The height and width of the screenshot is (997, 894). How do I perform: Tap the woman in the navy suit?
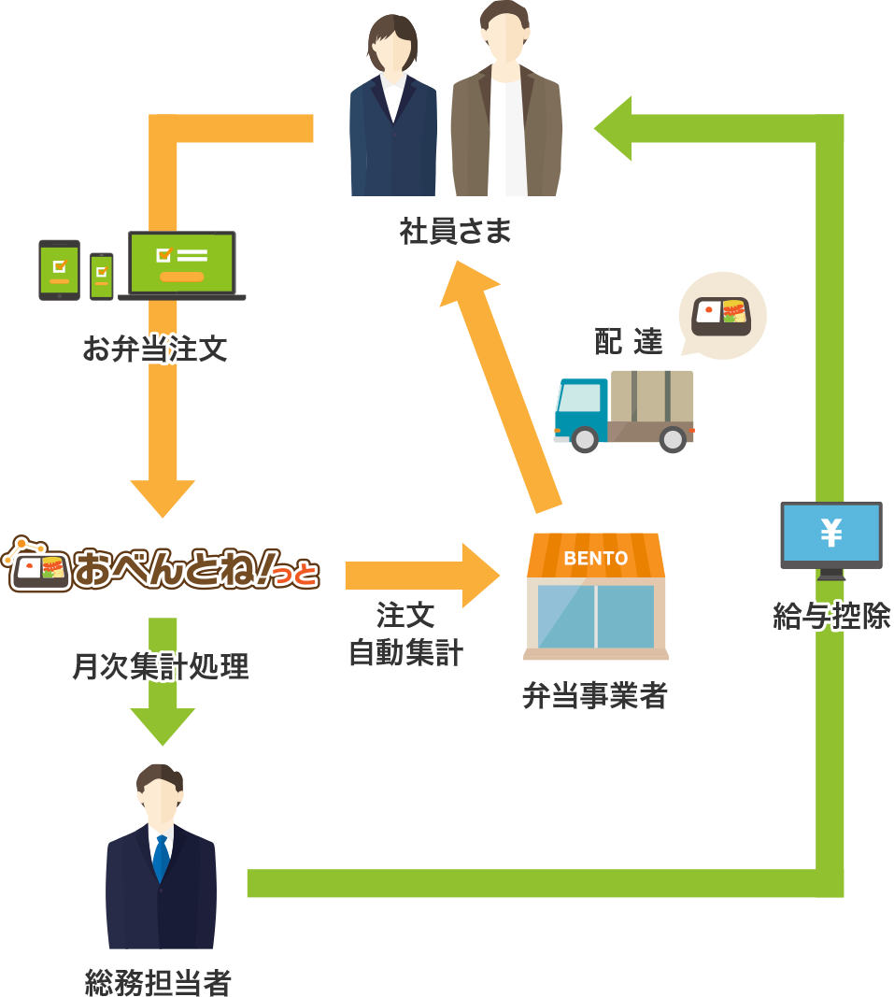[392, 112]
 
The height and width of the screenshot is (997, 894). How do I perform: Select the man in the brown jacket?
[506, 107]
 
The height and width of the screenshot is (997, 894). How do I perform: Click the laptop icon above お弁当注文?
[182, 265]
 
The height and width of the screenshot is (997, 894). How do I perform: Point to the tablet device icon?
[59, 270]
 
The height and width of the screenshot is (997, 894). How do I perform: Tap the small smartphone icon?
[101, 276]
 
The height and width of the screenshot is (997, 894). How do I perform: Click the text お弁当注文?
[155, 350]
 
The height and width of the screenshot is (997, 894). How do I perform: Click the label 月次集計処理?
[161, 666]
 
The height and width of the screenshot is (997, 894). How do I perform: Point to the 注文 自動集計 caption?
[405, 634]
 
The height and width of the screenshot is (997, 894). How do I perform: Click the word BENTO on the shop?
[596, 559]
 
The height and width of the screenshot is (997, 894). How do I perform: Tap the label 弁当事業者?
[595, 696]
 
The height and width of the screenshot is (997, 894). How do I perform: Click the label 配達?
[628, 342]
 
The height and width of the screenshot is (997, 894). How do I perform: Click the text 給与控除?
[831, 616]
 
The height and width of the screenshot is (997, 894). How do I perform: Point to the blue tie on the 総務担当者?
[161, 858]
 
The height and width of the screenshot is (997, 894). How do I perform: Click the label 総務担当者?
[158, 982]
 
